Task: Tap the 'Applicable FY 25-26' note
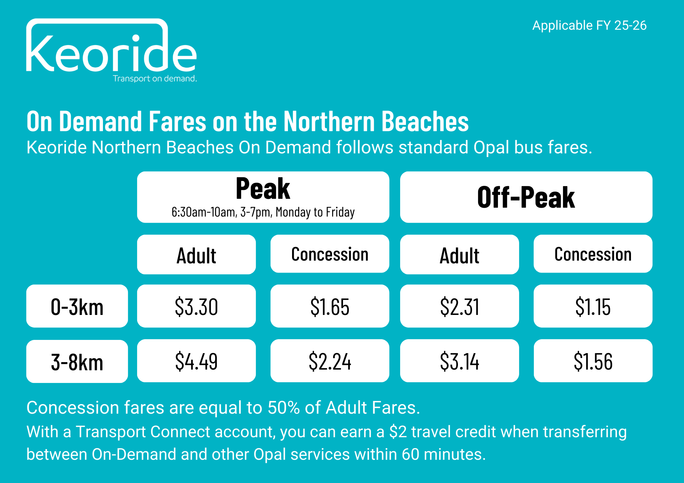pos(589,26)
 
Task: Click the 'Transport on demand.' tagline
pos(155,79)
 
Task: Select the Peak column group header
pos(263,197)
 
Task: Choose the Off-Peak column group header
pos(526,197)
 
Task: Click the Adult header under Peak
pos(196,254)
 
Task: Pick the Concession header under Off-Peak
pos(593,253)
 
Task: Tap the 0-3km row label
pos(77,306)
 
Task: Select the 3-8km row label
pos(77,361)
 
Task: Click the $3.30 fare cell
pos(196,306)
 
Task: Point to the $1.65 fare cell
pos(330,306)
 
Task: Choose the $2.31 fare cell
pos(459,306)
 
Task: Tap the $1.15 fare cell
pos(593,306)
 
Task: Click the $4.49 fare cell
pos(196,361)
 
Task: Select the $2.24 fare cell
pos(330,361)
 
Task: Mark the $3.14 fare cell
pos(459,361)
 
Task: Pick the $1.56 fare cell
pos(593,361)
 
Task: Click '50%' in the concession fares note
pos(284,408)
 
